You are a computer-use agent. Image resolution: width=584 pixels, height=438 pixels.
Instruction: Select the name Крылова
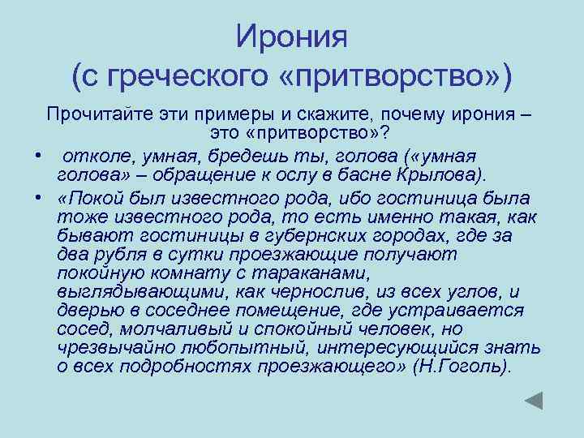(440, 174)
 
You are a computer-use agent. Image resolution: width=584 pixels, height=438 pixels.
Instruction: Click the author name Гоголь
(472, 367)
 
